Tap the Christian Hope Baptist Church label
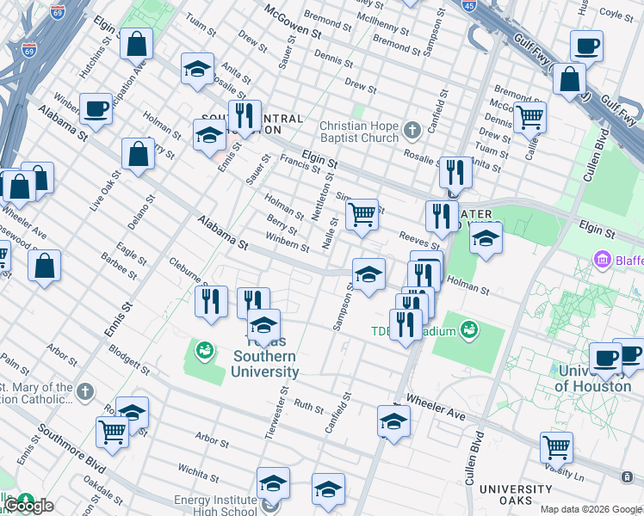click(359, 131)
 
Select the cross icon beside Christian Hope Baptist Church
click(412, 131)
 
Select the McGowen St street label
click(292, 23)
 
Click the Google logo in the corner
click(29, 506)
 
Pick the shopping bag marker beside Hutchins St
click(136, 44)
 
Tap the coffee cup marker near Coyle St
click(587, 46)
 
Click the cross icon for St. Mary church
click(84, 392)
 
